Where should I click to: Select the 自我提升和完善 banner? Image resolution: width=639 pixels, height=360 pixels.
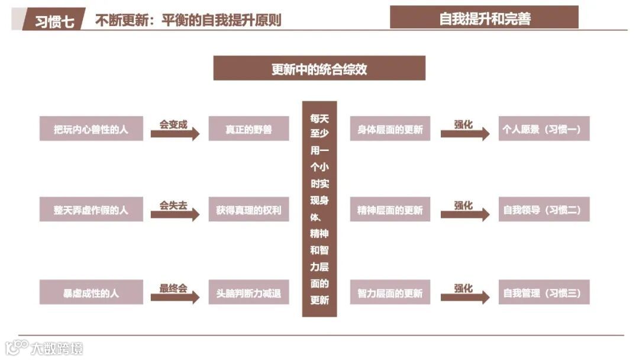click(484, 18)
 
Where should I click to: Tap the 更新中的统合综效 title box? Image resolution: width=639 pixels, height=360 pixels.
click(319, 69)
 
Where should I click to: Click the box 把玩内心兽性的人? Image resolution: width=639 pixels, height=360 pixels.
click(91, 128)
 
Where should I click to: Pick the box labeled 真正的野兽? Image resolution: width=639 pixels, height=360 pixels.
click(248, 128)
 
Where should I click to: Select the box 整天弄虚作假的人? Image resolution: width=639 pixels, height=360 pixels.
click(91, 210)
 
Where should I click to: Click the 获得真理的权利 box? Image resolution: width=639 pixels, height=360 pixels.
click(248, 210)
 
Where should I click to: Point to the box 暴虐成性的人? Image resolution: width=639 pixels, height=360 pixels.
click(91, 292)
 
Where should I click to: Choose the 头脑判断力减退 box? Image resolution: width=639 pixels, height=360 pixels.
click(248, 292)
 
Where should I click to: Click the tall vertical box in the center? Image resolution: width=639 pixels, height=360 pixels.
click(319, 208)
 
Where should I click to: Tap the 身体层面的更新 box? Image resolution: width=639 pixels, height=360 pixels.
click(390, 128)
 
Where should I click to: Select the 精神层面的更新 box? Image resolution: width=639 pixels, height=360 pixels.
click(390, 210)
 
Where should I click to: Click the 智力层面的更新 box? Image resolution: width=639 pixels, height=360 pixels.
click(390, 292)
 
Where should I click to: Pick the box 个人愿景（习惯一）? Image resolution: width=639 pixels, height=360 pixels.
click(544, 128)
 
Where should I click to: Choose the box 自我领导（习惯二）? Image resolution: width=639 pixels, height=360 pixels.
click(544, 210)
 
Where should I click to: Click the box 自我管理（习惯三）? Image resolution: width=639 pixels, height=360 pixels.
click(544, 292)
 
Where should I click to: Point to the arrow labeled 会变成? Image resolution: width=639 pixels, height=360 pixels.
click(175, 133)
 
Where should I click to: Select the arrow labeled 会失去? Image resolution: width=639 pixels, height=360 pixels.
click(175, 214)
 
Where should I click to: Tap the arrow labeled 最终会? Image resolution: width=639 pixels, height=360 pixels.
click(175, 297)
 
